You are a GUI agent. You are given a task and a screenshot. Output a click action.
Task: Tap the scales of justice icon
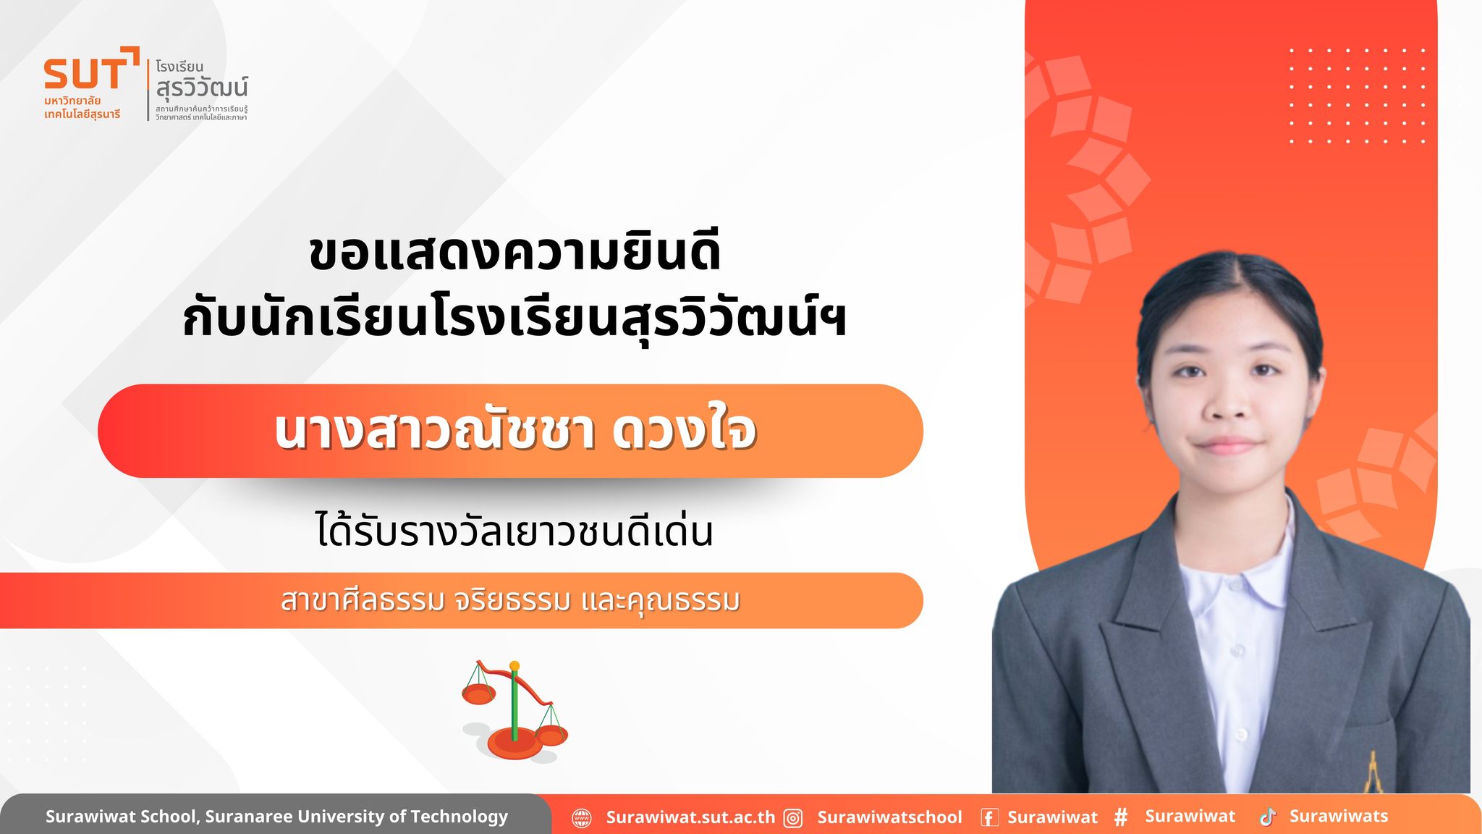pyautogui.click(x=515, y=710)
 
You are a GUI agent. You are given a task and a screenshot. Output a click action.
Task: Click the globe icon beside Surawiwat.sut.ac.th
pyautogui.click(x=582, y=818)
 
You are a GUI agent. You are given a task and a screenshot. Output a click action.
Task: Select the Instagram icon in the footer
pyautogui.click(x=794, y=818)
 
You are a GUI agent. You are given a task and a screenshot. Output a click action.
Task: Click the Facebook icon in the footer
pyautogui.click(x=989, y=818)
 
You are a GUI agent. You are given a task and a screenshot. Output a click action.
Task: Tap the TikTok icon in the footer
pyautogui.click(x=1267, y=817)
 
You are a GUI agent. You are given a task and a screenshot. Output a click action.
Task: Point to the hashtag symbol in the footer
pyautogui.click(x=1121, y=817)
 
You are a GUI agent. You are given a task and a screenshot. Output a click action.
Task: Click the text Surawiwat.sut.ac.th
pyautogui.click(x=690, y=817)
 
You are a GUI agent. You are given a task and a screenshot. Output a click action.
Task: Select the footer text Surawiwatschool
pyautogui.click(x=889, y=817)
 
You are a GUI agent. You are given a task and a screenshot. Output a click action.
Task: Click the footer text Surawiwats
pyautogui.click(x=1339, y=816)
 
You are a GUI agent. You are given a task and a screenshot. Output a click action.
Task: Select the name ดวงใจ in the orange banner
pyautogui.click(x=684, y=431)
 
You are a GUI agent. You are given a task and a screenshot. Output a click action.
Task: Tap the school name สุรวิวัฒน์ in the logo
pyautogui.click(x=202, y=88)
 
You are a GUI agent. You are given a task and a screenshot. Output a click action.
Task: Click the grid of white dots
pyautogui.click(x=1357, y=96)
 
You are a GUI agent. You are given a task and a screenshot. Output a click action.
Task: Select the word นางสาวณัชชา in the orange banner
pyautogui.click(x=434, y=431)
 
